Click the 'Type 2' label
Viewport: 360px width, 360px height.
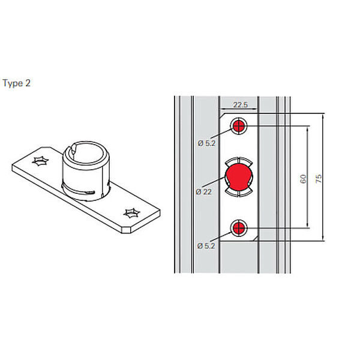pyautogui.click(x=17, y=83)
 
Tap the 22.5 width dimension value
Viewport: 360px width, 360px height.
pyautogui.click(x=241, y=104)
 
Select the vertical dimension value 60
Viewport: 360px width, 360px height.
pyautogui.click(x=303, y=179)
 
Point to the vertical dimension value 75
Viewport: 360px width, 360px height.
pyautogui.click(x=319, y=178)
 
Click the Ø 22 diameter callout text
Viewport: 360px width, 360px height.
pyautogui.click(x=203, y=192)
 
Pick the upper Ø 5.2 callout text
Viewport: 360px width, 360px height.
pyautogui.click(x=206, y=143)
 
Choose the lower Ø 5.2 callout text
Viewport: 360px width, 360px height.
pyautogui.click(x=206, y=246)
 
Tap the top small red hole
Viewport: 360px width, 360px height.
pyautogui.click(x=239, y=126)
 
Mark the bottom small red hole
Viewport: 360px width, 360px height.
pyautogui.click(x=239, y=228)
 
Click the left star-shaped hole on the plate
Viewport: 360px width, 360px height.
pyautogui.click(x=40, y=161)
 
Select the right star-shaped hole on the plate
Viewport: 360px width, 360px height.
pyautogui.click(x=132, y=213)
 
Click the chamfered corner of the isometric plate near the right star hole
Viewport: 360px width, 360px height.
pyautogui.click(x=126, y=230)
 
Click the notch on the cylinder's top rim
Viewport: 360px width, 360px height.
pyautogui.click(x=73, y=151)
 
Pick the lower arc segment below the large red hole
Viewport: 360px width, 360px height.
pyautogui.click(x=239, y=193)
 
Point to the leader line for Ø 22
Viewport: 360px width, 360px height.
pyautogui.click(x=214, y=182)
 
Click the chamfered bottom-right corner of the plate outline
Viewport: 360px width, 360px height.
pyautogui.click(x=256, y=239)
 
